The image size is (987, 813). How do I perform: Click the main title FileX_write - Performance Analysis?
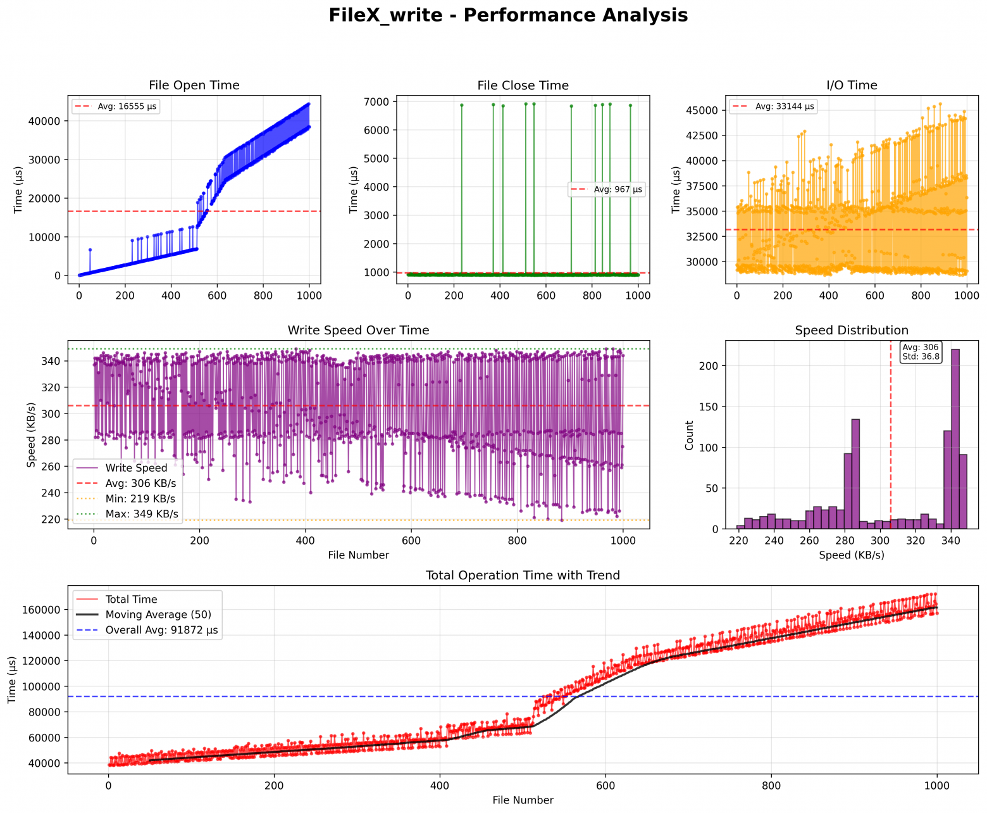coord(507,15)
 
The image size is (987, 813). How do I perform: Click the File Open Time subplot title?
coord(194,85)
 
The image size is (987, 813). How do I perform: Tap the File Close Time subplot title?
coord(523,85)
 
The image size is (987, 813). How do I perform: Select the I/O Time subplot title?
coord(852,85)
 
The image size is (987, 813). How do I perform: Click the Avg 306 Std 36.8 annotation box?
coord(921,352)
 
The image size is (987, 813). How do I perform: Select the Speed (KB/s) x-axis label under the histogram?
coord(852,555)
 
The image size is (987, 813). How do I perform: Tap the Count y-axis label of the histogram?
coord(690,435)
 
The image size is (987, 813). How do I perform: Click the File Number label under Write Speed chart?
coord(358,555)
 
